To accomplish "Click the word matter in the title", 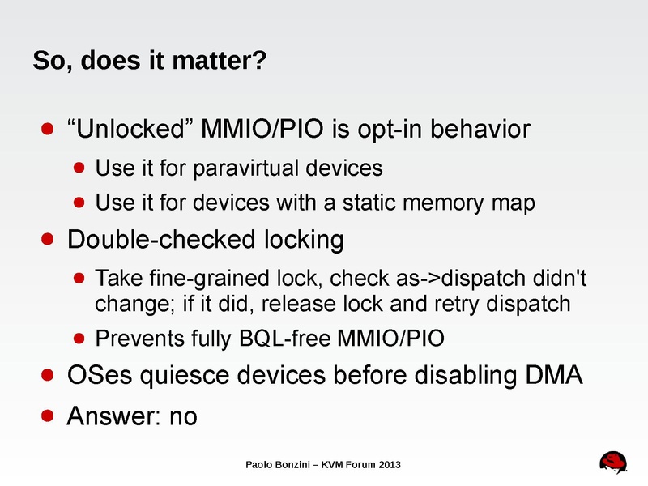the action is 219,60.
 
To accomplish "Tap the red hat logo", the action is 613,463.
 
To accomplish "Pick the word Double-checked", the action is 161,240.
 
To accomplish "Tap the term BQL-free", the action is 285,338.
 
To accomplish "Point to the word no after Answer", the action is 184,416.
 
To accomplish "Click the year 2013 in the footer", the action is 390,465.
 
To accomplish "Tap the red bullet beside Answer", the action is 48,416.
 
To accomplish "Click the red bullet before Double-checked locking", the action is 48,239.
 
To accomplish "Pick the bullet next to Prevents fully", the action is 79,339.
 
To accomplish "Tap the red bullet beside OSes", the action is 48,375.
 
